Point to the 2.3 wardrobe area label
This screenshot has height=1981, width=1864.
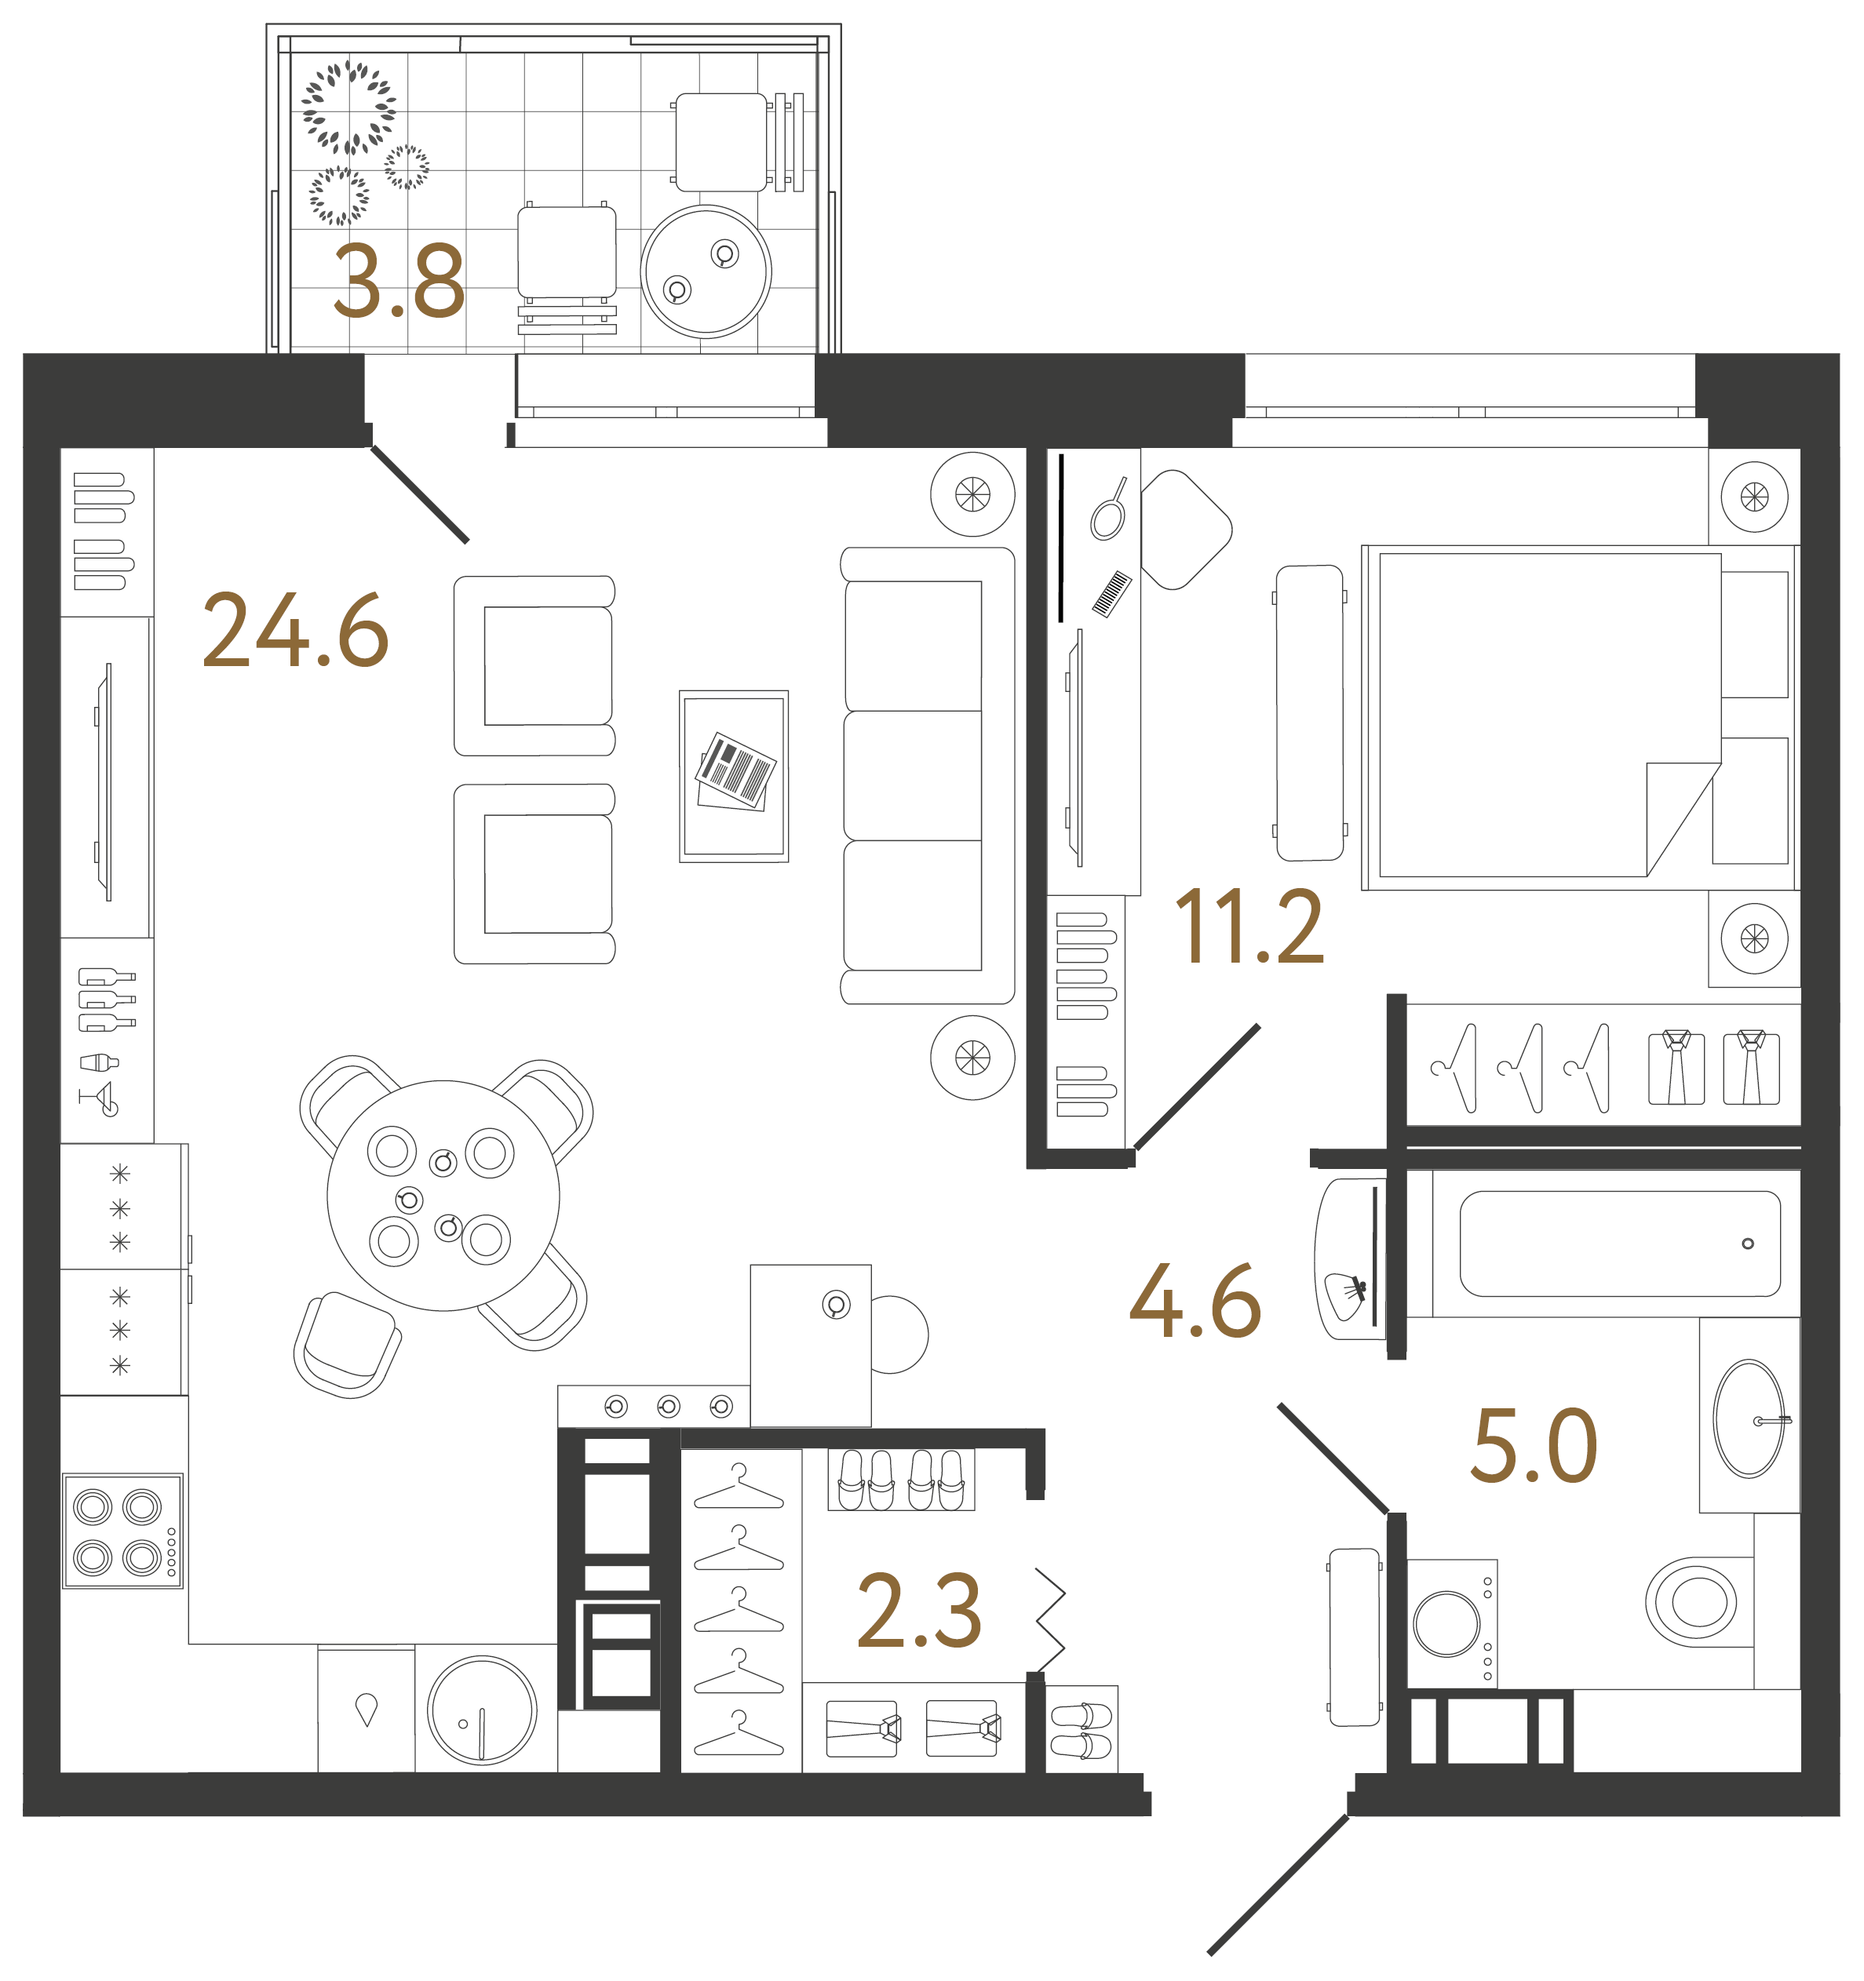(918, 1611)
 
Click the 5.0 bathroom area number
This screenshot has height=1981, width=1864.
(1533, 1446)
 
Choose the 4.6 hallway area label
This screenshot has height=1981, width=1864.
(1195, 1302)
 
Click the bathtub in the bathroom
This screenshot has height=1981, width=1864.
(1619, 1244)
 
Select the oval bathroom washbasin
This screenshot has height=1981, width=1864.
(1749, 1418)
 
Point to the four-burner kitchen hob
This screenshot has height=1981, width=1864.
(122, 1531)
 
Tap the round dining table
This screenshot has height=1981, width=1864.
(443, 1195)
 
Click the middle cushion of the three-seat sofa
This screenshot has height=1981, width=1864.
(913, 775)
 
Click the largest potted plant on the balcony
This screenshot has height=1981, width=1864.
(349, 107)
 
